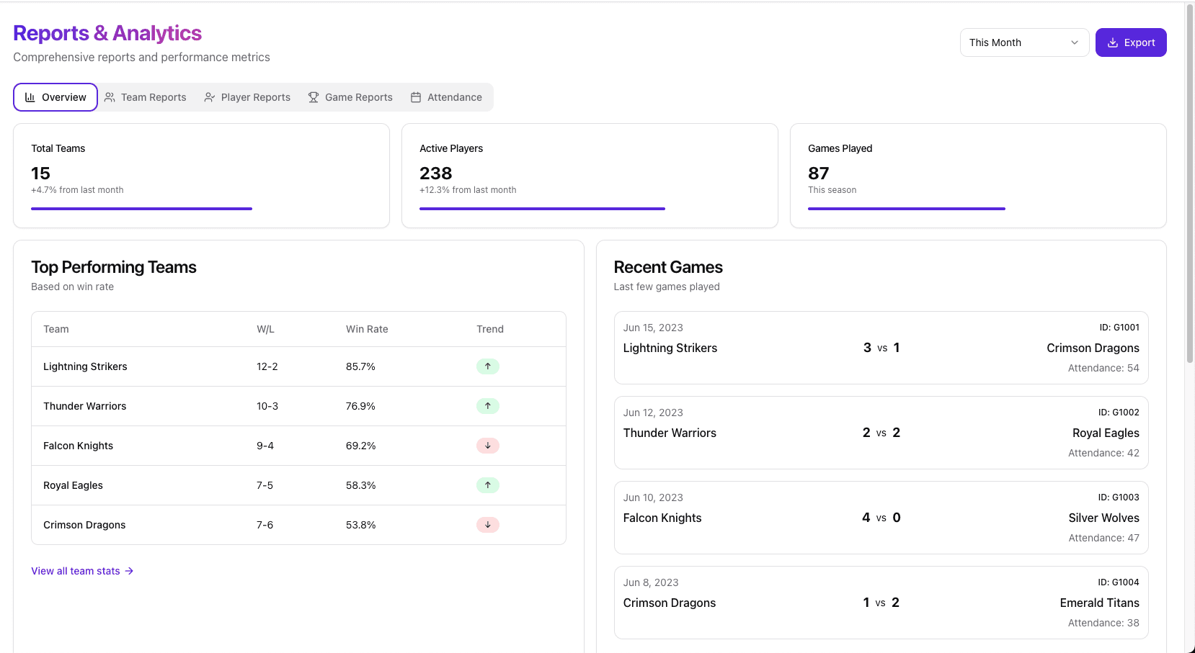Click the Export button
[x=1130, y=42]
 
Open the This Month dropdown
[x=1023, y=42]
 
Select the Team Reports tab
[x=145, y=97]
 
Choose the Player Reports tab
[x=247, y=97]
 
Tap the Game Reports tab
[x=350, y=97]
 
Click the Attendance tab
[x=446, y=97]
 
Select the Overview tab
[x=55, y=97]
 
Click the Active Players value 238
[x=435, y=174]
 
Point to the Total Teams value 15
[x=40, y=174]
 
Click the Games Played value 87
[x=818, y=174]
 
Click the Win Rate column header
[x=367, y=329]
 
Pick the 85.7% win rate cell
[x=360, y=366]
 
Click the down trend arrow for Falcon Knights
[x=488, y=446]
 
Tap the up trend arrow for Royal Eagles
[x=488, y=485]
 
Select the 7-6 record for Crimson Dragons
[x=265, y=525]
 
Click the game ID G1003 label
[x=1118, y=497]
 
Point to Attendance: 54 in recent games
[x=1103, y=368]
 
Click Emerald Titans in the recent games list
[x=1099, y=603]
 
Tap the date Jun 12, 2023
[x=653, y=413]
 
